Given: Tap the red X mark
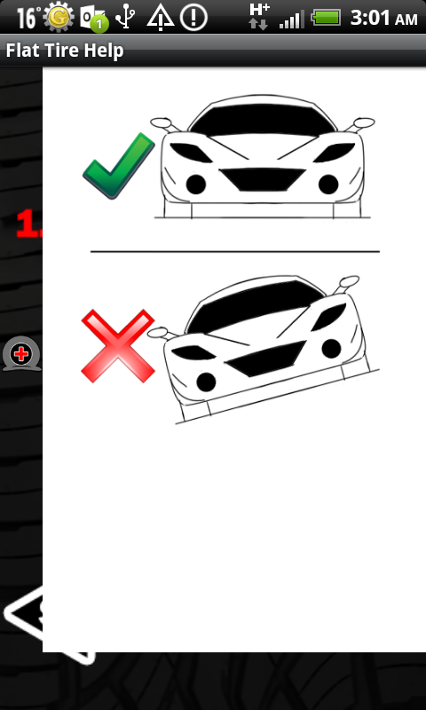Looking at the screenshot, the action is pos(118,346).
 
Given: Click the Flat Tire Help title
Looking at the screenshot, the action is pos(65,51).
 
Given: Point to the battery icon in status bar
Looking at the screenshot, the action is pos(326,18).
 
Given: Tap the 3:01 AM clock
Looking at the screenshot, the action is pos(384,18).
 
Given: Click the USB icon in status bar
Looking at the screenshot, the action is pos(125,18).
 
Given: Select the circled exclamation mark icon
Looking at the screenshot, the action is pos(193,18).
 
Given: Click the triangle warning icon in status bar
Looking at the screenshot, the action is pos(161,19).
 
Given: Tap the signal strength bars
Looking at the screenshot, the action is pos(292,20).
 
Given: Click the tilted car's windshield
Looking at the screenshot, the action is pos(255,304).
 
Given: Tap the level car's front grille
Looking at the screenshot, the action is pos(263,179).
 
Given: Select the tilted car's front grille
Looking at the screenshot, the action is pos(265,359).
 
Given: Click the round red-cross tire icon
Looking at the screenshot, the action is pos(21,354).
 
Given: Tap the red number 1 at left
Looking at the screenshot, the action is pos(28,224).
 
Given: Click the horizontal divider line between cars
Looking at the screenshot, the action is pos(235,251).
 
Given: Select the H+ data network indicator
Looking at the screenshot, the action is pos(259,16).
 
